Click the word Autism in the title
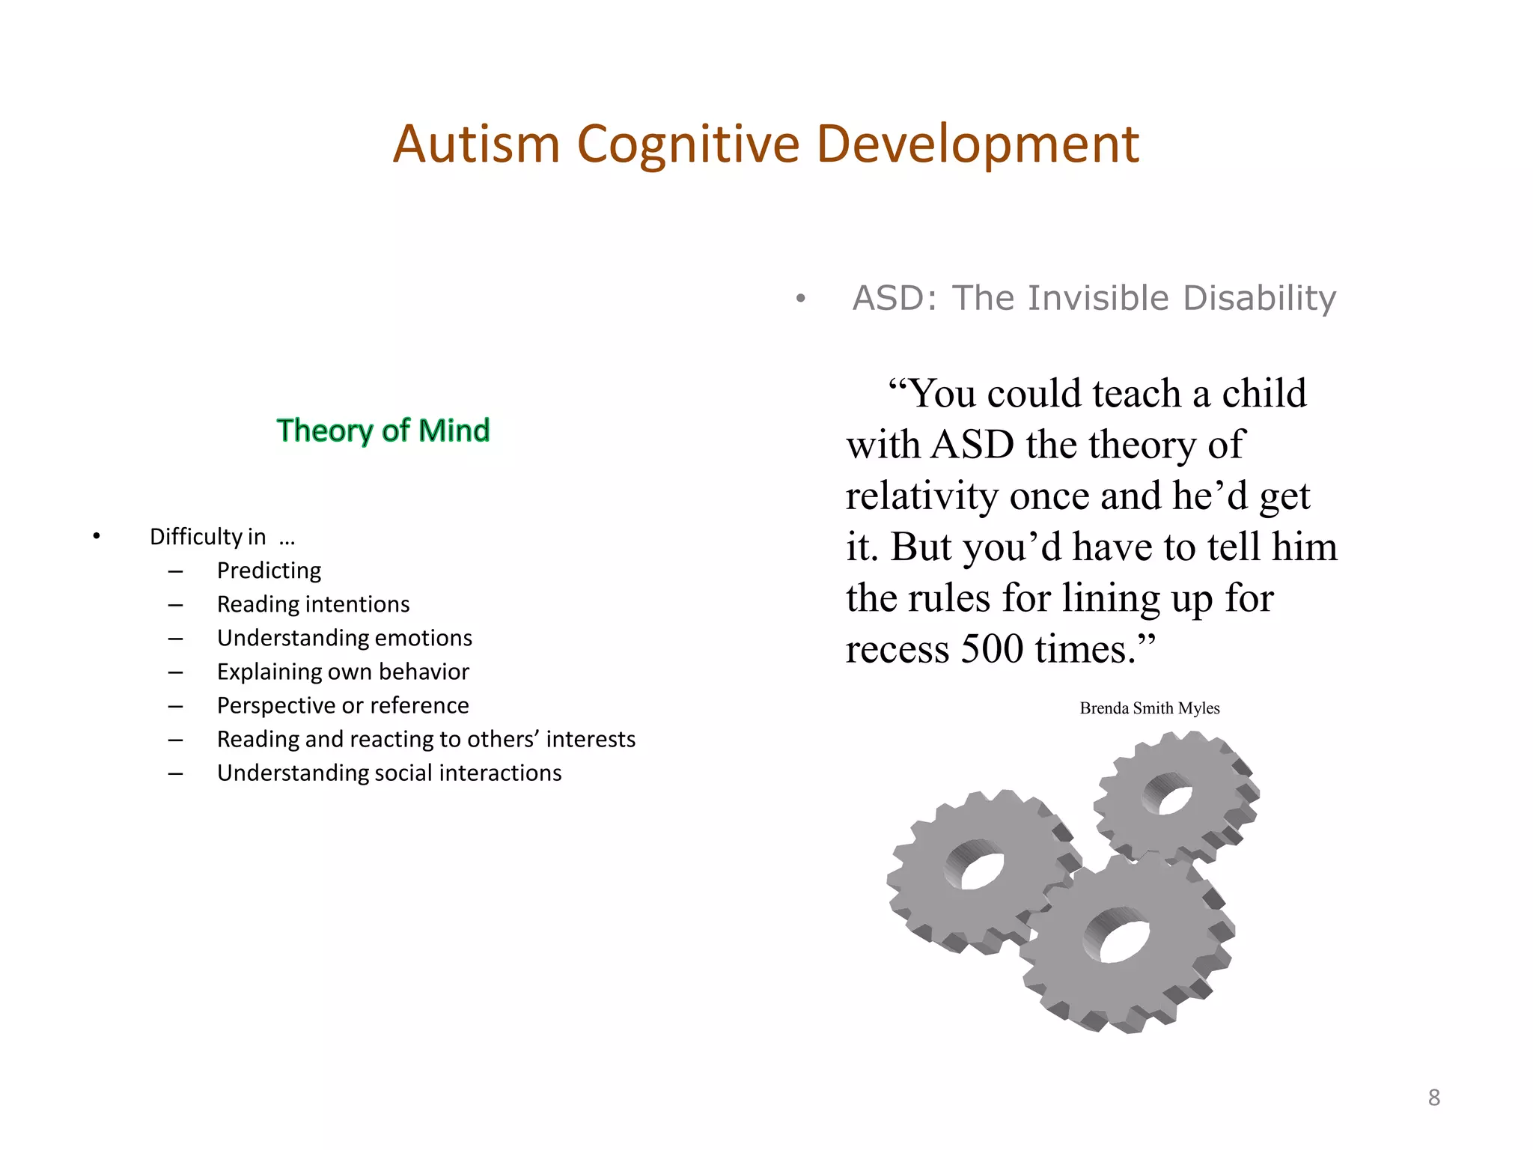pos(477,144)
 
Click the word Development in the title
pos(977,144)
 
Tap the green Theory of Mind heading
pos(383,431)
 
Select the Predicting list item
pos(269,571)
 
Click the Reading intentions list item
pos(313,604)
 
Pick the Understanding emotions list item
pos(344,638)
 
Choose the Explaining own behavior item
pos(343,672)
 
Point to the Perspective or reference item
pos(343,705)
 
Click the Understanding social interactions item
pos(389,773)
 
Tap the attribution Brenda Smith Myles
pos(1149,708)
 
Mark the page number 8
pos(1433,1098)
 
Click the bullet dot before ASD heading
pos(801,299)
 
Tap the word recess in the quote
pos(897,648)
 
